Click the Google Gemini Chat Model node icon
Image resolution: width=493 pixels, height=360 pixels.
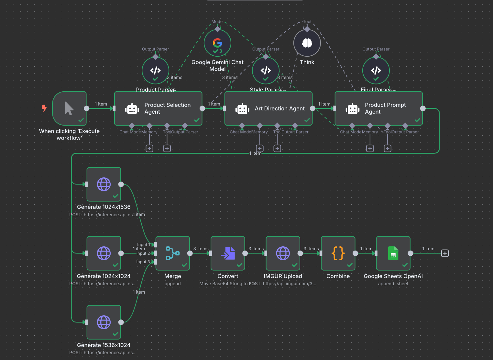point(217,43)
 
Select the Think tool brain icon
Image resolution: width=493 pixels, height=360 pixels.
point(307,43)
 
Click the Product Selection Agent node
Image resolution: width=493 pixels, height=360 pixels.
point(158,108)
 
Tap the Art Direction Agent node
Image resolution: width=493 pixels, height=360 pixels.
point(268,108)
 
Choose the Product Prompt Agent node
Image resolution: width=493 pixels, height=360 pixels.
point(379,108)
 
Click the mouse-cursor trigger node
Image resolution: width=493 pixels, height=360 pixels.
point(69,108)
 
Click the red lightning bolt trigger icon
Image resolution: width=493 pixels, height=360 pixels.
point(44,108)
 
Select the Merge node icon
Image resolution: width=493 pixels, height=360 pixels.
point(172,253)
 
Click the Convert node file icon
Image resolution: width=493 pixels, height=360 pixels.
point(228,253)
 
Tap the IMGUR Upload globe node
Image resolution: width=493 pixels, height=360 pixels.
point(283,253)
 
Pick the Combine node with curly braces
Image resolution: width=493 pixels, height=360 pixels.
point(338,253)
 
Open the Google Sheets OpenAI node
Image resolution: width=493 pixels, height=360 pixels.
point(393,253)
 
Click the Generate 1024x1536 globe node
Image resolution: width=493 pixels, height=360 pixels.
point(104,184)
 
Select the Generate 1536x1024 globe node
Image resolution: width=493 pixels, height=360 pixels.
point(104,322)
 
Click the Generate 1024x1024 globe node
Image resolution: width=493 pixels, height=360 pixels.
point(104,253)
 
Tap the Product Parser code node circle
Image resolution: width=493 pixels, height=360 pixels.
point(155,70)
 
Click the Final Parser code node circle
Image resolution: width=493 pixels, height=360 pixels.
point(376,70)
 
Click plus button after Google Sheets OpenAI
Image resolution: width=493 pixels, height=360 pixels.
point(445,253)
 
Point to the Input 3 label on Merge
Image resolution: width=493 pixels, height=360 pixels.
point(143,262)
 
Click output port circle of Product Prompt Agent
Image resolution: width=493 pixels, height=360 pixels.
point(423,108)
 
